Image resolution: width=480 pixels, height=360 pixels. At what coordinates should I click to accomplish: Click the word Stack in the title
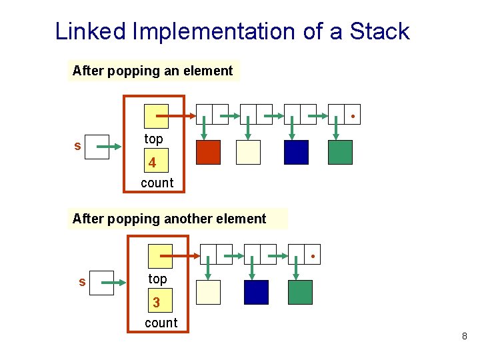tap(379, 31)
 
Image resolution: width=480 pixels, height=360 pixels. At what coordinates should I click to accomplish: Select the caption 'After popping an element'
tap(153, 71)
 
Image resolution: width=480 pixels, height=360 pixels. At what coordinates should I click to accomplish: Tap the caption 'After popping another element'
tap(169, 219)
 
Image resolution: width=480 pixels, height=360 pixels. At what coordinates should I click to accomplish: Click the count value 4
tap(153, 162)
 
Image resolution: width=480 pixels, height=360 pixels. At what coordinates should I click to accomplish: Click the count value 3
tap(157, 302)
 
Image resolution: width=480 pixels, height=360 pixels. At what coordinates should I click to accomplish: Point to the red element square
tap(208, 152)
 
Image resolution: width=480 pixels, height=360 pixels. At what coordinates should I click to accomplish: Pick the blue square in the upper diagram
tap(296, 152)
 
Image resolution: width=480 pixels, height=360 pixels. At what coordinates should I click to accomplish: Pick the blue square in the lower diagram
tap(256, 292)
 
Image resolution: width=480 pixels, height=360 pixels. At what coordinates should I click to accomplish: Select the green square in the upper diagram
tap(340, 152)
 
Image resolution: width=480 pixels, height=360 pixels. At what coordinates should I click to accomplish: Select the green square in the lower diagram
tap(300, 292)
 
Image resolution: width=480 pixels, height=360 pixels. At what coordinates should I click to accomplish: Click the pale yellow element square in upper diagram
tap(248, 152)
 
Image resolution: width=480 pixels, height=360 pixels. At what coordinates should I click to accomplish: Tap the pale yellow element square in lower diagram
tap(208, 292)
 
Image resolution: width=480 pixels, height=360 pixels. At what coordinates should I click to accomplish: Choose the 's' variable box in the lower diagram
tap(101, 282)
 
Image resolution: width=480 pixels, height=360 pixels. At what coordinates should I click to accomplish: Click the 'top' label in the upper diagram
tap(153, 139)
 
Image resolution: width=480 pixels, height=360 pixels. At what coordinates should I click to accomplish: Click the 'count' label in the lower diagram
tap(161, 323)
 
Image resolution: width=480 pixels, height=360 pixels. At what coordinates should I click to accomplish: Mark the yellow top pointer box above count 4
tap(157, 116)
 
